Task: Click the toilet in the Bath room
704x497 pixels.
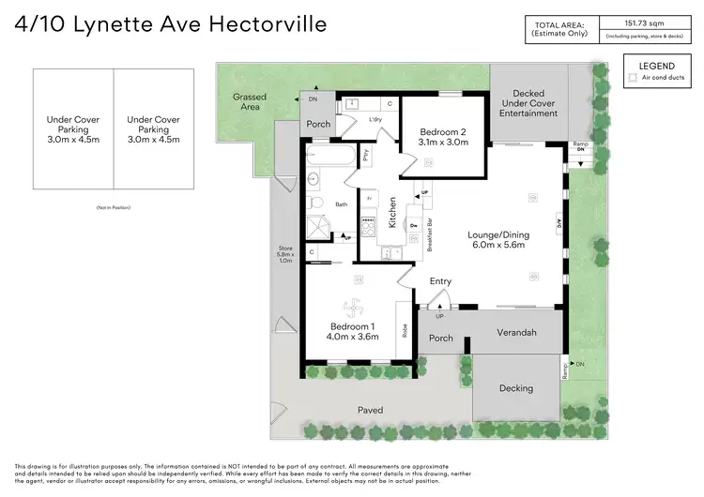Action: pos(316,203)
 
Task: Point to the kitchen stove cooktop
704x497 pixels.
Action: pos(369,226)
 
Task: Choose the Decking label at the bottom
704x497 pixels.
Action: pos(515,388)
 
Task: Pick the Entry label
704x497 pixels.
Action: pos(440,281)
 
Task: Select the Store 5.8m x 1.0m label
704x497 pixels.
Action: pos(286,254)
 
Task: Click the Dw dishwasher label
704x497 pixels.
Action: pos(414,225)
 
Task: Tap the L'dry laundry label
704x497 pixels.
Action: pos(375,119)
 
